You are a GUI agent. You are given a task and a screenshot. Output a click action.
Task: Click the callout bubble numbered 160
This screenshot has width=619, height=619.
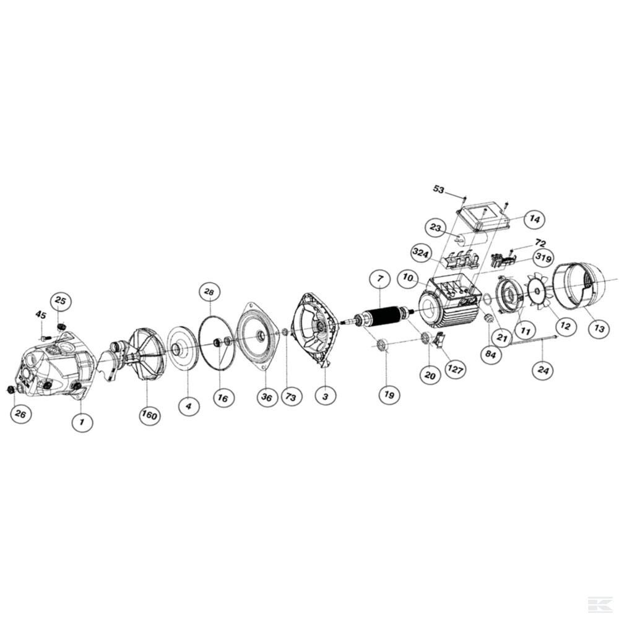[149, 415]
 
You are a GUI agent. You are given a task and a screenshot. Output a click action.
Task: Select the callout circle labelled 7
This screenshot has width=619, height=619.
[380, 279]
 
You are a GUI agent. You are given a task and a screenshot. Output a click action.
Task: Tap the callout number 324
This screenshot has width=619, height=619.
[420, 253]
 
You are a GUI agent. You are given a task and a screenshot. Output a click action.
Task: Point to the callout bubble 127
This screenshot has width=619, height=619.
[455, 369]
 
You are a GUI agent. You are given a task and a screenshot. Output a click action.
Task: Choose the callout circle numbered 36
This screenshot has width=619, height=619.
[266, 397]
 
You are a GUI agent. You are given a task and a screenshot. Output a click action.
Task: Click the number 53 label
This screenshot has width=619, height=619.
[439, 189]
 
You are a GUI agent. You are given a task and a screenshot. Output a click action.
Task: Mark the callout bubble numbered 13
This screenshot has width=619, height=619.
[599, 328]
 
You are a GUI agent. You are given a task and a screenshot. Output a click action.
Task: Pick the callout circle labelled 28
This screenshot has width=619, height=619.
[209, 293]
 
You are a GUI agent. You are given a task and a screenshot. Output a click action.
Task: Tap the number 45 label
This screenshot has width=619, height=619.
[41, 315]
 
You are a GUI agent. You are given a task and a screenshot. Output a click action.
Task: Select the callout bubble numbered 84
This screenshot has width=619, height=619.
[490, 354]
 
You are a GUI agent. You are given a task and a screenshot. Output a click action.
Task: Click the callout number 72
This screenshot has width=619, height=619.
[540, 242]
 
